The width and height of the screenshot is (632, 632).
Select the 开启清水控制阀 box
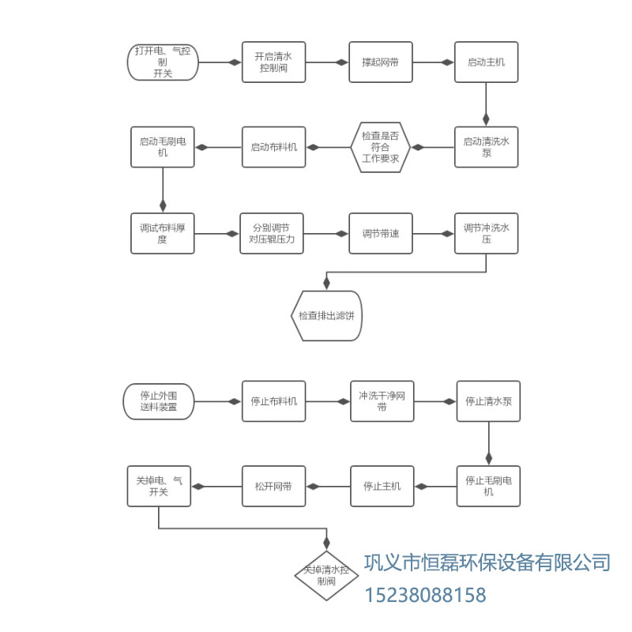[x=273, y=62]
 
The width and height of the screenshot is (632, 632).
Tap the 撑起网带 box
[x=381, y=62]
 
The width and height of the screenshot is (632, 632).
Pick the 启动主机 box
[x=487, y=62]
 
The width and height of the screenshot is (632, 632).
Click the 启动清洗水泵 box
[x=487, y=147]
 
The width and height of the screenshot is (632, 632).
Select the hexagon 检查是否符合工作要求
[x=380, y=147]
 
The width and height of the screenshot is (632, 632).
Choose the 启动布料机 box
[x=273, y=147]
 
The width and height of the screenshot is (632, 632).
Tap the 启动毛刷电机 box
[x=163, y=147]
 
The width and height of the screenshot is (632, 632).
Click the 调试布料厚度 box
[x=163, y=233]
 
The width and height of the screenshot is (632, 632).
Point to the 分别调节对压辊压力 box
[x=272, y=233]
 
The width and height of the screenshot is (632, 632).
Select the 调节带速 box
[x=381, y=233]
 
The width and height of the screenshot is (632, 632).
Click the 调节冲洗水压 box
[x=487, y=233]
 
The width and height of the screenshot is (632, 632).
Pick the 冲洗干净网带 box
[x=382, y=401]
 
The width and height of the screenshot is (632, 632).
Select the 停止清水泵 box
[x=489, y=401]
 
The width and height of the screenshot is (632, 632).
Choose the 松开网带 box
[x=273, y=486]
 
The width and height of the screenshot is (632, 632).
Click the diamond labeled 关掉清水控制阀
[x=326, y=574]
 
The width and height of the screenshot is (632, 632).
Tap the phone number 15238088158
[x=425, y=595]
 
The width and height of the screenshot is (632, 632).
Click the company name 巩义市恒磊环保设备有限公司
[x=487, y=562]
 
